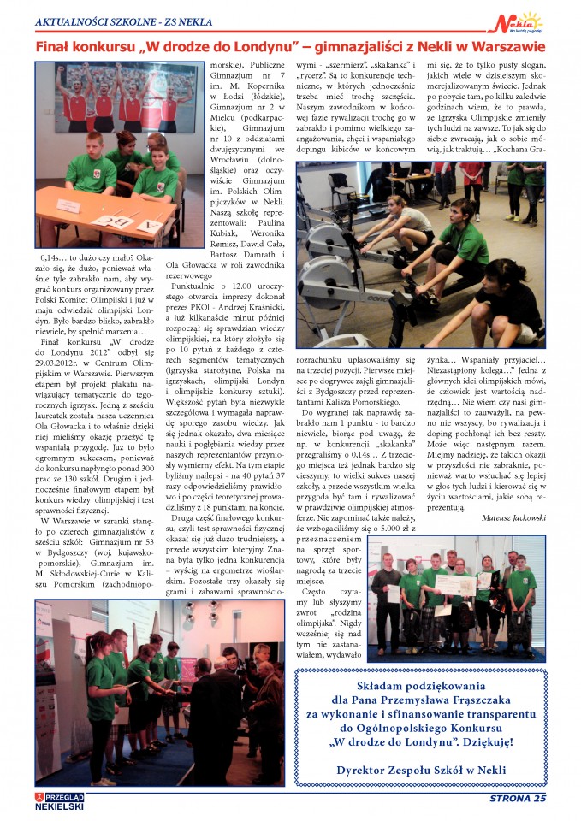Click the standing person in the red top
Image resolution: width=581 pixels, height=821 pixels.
(472, 178)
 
